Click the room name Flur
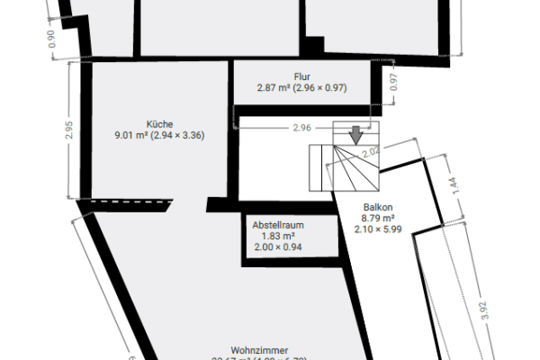[301, 76]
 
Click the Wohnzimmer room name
[258, 349]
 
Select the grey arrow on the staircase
[355, 135]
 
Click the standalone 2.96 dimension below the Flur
[301, 128]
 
